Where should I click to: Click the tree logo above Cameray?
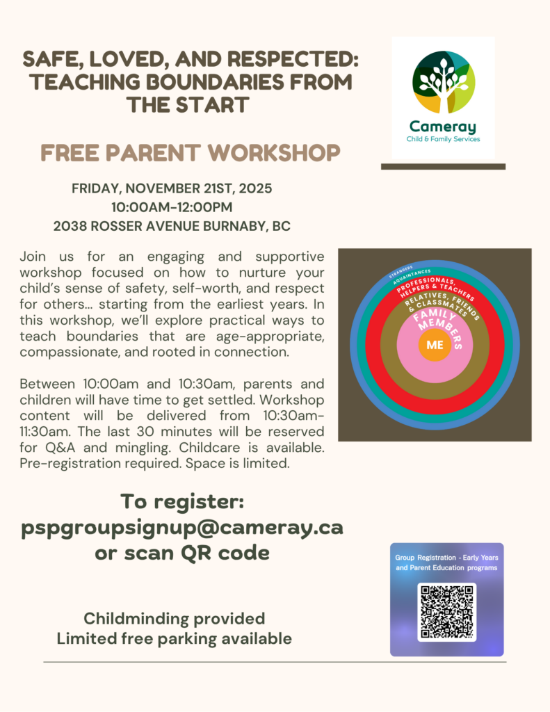[x=444, y=81]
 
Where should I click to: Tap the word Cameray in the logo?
[x=443, y=127]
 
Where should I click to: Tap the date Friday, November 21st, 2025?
[x=171, y=189]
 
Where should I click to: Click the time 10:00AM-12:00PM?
[x=171, y=207]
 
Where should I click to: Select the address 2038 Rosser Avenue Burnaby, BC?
[x=171, y=226]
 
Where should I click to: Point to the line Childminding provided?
[x=174, y=618]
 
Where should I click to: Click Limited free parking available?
[x=174, y=638]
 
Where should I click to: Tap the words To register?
[x=182, y=501]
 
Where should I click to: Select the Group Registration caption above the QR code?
[x=446, y=563]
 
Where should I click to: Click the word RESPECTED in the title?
[x=285, y=60]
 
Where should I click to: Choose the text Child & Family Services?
[x=443, y=139]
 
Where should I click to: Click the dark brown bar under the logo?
[x=443, y=167]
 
